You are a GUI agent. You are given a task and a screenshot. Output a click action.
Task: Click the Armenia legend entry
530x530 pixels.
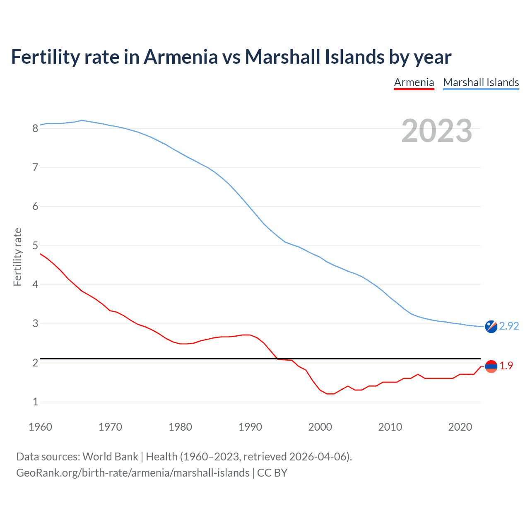pyautogui.click(x=414, y=82)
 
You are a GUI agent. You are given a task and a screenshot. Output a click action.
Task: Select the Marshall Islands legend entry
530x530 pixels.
pyautogui.click(x=481, y=82)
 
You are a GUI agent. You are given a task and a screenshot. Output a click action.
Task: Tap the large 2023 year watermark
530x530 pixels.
pyautogui.click(x=436, y=131)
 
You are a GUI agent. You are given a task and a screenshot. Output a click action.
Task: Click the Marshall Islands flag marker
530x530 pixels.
pyautogui.click(x=491, y=327)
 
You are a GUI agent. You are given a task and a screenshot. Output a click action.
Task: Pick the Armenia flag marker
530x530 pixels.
pyautogui.click(x=491, y=366)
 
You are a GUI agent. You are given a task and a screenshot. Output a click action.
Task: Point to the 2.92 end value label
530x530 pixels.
pyautogui.click(x=509, y=326)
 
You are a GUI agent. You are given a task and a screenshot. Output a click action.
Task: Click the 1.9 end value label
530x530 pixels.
pyautogui.click(x=506, y=366)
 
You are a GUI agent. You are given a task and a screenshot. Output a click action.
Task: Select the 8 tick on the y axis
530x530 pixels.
pyautogui.click(x=35, y=128)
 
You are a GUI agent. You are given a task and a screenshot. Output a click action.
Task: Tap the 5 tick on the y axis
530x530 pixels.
pyautogui.click(x=35, y=246)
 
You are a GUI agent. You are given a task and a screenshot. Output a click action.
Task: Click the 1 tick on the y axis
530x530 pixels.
pyautogui.click(x=35, y=402)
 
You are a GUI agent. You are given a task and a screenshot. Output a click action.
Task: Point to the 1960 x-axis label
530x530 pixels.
pyautogui.click(x=40, y=427)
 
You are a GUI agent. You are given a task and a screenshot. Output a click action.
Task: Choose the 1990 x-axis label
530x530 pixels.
pyautogui.click(x=250, y=427)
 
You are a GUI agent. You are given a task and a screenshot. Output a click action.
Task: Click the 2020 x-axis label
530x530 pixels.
pyautogui.click(x=460, y=427)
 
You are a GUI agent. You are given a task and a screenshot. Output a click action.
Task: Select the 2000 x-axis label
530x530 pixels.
pyautogui.click(x=320, y=427)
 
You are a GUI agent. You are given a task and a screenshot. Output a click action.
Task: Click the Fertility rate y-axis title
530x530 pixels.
pyautogui.click(x=17, y=257)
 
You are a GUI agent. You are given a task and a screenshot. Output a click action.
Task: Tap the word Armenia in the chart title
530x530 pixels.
pyautogui.click(x=181, y=57)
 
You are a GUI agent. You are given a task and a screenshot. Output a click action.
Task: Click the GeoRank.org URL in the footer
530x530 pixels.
pyautogui.click(x=132, y=473)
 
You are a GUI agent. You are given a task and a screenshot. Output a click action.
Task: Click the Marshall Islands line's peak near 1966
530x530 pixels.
pyautogui.click(x=82, y=120)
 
